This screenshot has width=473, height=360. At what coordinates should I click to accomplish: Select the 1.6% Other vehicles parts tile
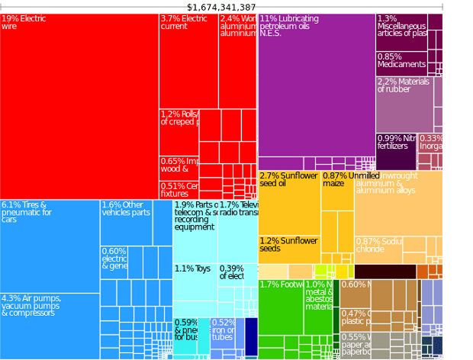(x=127, y=222)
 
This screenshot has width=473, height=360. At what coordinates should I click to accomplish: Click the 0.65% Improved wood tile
(x=179, y=167)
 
